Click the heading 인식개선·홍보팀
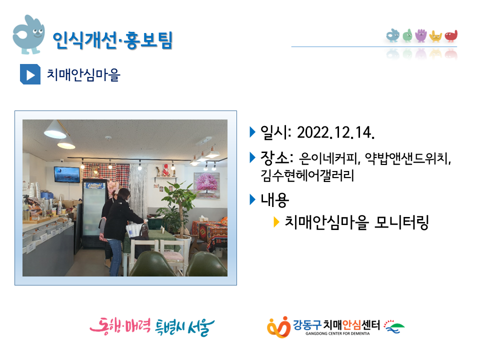pos(112,40)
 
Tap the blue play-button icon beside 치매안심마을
pos(30,74)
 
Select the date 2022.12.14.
pos(336,132)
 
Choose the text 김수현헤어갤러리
pos(307,175)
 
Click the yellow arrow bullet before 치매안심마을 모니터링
pos(276,222)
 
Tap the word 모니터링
pos(401,222)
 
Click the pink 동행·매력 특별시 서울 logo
pos(152,327)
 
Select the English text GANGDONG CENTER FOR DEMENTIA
pos(337,333)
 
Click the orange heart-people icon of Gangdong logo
pos(278,327)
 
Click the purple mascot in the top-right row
pos(421,35)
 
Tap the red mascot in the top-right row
pos(451,36)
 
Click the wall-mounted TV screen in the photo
pos(66,174)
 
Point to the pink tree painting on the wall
pos(206,185)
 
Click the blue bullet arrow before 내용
pos(252,199)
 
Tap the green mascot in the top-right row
pos(407,35)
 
